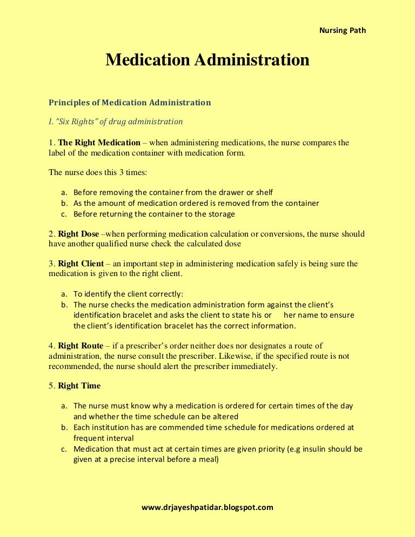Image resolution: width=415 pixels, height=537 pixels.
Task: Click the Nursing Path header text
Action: click(x=343, y=30)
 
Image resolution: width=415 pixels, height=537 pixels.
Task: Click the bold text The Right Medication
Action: click(x=99, y=143)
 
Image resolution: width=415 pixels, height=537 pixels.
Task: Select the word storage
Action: click(x=222, y=214)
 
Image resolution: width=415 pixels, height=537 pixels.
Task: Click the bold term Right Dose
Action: click(x=78, y=234)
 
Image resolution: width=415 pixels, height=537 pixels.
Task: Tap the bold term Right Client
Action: click(x=81, y=264)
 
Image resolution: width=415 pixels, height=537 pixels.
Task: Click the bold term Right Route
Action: click(x=81, y=346)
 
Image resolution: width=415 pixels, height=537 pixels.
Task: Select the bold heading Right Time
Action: click(x=79, y=386)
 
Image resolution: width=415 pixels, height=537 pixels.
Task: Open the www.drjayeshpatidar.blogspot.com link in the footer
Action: click(x=207, y=507)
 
